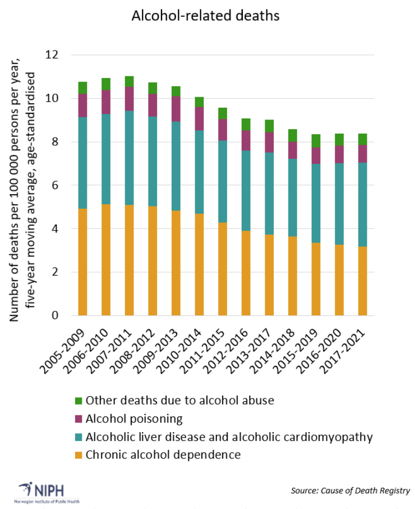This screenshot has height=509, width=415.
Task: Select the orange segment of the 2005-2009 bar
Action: [83, 262]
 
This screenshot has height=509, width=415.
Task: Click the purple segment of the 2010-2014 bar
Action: [200, 118]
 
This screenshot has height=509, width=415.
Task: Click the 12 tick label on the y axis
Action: [52, 55]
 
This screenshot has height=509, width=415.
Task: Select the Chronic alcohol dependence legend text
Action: [163, 455]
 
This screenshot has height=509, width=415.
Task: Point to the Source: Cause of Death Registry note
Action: [350, 490]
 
